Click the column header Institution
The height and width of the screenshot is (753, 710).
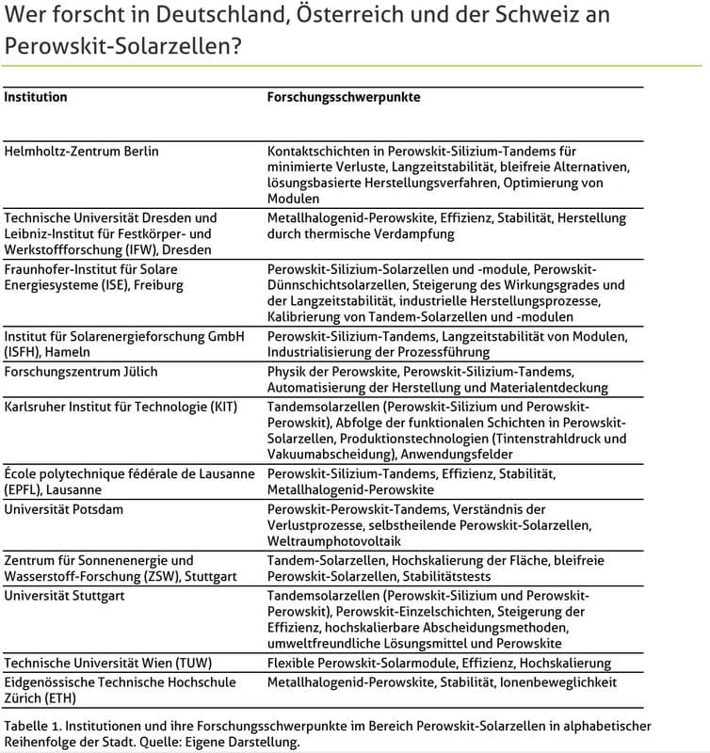[36, 96]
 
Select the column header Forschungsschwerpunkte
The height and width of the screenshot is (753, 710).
[344, 96]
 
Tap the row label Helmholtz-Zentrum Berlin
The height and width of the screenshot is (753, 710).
[82, 152]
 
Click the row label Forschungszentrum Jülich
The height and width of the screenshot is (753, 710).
[81, 372]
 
